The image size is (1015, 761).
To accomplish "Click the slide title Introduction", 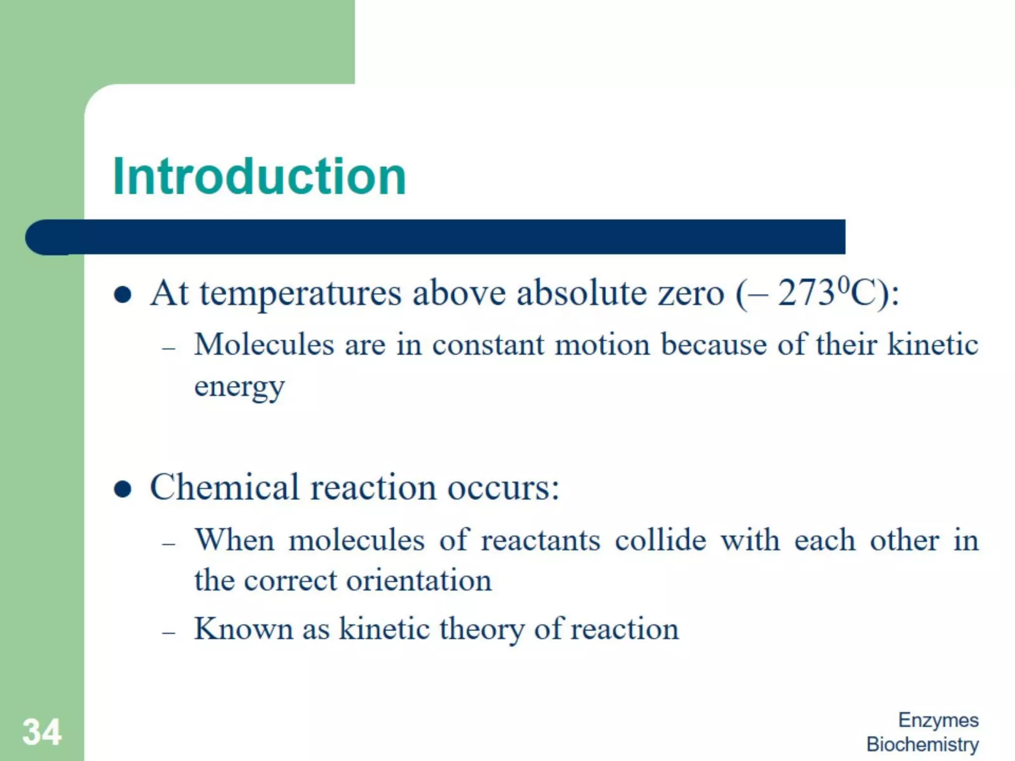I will [259, 176].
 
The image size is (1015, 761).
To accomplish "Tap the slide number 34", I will [42, 732].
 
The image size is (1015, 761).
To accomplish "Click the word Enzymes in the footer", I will [938, 720].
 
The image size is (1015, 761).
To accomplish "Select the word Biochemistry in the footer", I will [922, 744].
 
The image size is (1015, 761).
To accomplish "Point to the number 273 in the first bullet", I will [806, 293].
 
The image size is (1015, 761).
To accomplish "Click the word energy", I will [239, 387].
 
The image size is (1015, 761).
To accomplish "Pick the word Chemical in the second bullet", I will [225, 487].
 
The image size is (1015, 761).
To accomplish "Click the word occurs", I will [503, 488].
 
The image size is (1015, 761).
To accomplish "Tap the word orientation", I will [419, 580].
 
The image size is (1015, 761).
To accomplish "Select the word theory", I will [481, 630].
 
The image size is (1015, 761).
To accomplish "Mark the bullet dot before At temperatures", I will [122, 295].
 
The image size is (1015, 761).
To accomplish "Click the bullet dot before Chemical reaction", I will [122, 489].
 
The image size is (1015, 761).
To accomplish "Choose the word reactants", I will [540, 540].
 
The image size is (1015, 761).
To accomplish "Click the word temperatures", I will [300, 294].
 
